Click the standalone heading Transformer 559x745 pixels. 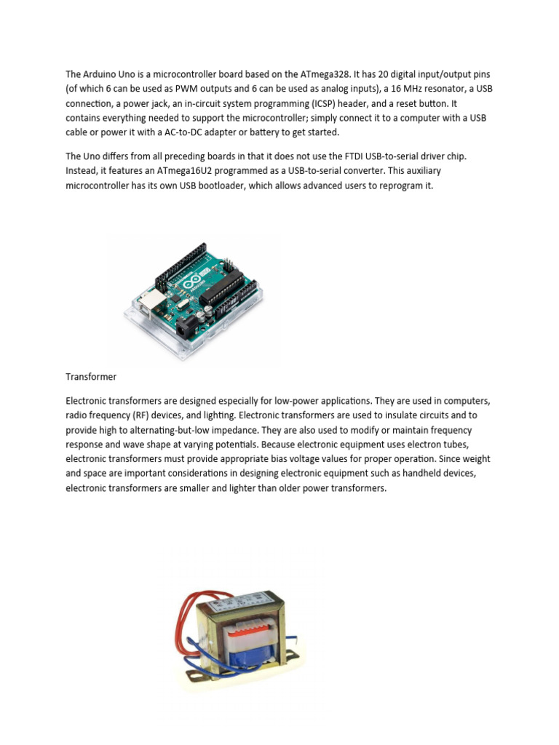coord(91,377)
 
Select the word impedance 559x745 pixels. coord(230,429)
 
